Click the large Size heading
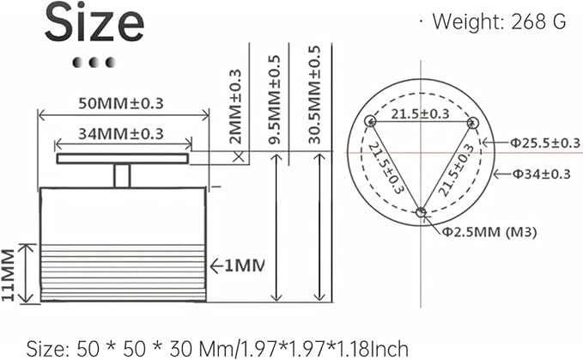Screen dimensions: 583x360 coord(94,23)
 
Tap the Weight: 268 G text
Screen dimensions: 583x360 coord(499,21)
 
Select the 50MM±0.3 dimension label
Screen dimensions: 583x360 coord(121,103)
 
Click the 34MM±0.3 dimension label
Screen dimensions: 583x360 coord(121,133)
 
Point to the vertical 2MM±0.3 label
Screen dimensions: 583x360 coord(235,107)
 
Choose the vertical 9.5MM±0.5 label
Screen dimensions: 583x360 coord(274,100)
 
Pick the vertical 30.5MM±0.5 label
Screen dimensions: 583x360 coord(314,95)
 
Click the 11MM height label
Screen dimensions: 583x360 coord(8,274)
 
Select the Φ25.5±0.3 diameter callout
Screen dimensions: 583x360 coord(544,143)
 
